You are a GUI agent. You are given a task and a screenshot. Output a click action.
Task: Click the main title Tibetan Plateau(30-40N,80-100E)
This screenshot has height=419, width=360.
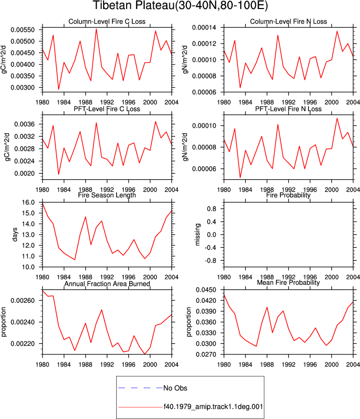tap(180, 6)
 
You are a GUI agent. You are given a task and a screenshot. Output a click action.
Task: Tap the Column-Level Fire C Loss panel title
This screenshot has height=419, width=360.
tap(107, 22)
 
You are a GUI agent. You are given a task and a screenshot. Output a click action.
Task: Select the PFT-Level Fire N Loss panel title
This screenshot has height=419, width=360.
tap(288, 109)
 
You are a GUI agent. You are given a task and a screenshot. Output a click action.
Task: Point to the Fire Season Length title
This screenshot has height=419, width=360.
tap(107, 195)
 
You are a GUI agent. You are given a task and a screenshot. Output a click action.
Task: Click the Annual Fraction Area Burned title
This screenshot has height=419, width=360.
tap(107, 283)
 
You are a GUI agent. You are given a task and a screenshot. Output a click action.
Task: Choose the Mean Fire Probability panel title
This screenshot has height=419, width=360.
tap(288, 282)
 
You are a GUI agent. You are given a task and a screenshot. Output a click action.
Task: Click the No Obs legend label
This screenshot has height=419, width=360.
tap(175, 388)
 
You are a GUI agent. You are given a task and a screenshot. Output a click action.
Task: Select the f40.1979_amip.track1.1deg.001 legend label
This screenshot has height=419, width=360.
tap(213, 406)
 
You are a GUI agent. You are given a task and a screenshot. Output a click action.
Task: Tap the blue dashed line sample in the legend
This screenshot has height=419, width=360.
tap(141, 388)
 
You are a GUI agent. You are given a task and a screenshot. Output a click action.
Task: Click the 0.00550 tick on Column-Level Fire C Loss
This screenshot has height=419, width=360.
tap(23, 30)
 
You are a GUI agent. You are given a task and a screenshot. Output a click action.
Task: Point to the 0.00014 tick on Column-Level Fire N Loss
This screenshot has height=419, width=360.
tap(204, 28)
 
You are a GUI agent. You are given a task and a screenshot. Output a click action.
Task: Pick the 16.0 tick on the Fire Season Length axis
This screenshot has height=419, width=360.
tap(29, 203)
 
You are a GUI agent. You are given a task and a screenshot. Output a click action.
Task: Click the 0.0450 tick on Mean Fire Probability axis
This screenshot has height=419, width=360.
tap(206, 290)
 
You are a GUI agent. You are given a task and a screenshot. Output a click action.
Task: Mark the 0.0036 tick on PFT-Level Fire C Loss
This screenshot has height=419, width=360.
tap(25, 124)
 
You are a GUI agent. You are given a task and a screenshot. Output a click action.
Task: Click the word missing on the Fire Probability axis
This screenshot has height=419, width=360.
tap(197, 234)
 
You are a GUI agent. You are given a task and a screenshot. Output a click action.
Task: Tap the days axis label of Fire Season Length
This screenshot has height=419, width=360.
tap(15, 234)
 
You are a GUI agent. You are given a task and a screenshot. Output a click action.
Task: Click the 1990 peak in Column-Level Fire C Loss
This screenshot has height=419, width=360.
tap(96, 29)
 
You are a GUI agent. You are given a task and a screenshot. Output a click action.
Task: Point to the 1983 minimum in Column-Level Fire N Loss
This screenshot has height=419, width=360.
tap(240, 88)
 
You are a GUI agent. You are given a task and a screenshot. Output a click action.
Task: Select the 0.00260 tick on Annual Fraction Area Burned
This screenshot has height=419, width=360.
tap(23, 301)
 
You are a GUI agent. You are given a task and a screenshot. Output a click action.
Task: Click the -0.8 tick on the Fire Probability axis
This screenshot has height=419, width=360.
tap(211, 260)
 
